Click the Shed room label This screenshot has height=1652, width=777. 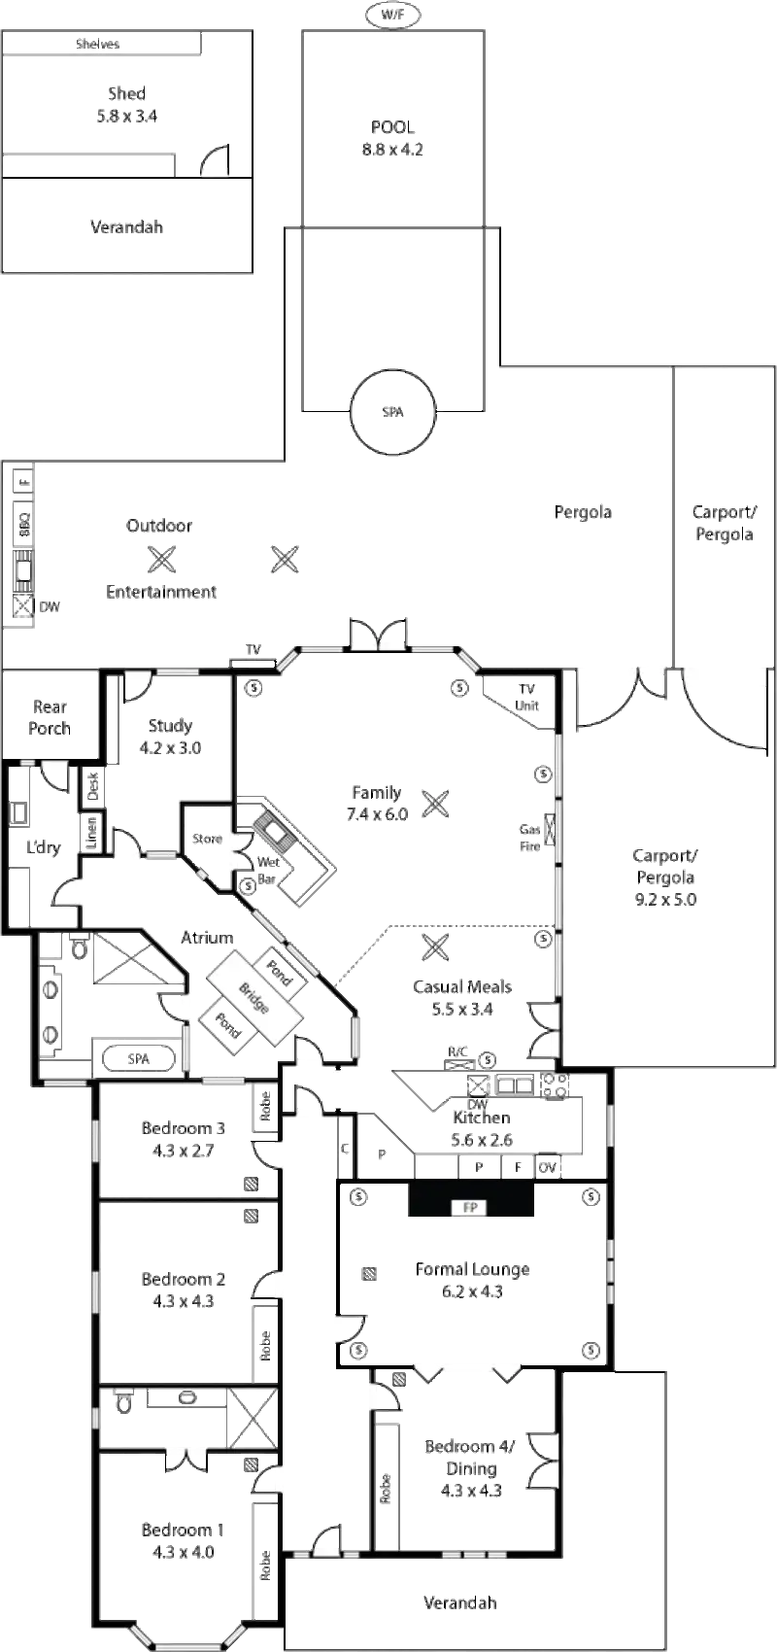[128, 94]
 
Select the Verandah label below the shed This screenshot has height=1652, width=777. [125, 226]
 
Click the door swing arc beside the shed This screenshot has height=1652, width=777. [216, 158]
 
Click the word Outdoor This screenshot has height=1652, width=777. [160, 526]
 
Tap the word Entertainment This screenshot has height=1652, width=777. [160, 591]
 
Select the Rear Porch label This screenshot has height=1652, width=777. [49, 717]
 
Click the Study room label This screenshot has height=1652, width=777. [171, 725]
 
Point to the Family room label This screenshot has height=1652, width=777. [377, 793]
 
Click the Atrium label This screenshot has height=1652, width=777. [206, 938]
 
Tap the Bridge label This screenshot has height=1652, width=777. [253, 997]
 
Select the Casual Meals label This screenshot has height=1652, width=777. [462, 986]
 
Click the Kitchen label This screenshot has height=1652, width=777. [483, 1118]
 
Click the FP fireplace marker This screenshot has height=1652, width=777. [472, 1208]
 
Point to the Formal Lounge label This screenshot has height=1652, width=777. [473, 1269]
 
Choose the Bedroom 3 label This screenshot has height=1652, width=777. [183, 1128]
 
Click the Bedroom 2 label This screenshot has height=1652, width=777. [182, 1280]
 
